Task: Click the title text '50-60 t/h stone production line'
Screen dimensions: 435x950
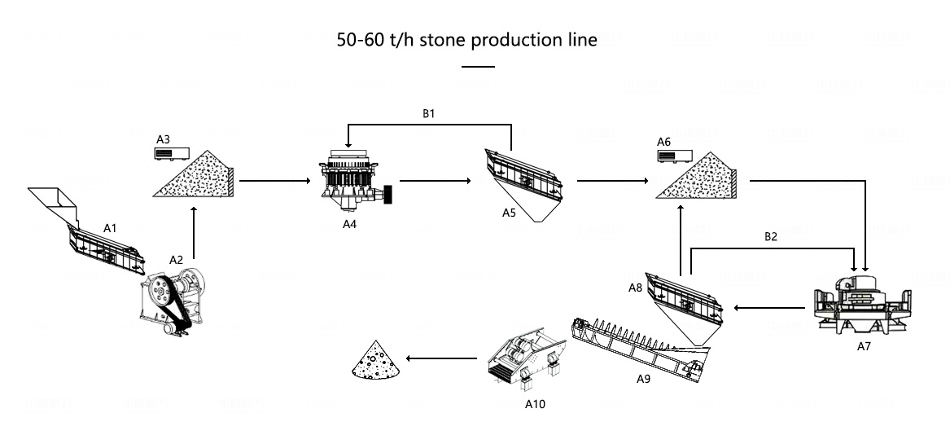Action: (466, 40)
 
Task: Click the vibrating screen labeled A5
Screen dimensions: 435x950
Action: (523, 181)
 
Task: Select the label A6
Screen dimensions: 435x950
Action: (663, 142)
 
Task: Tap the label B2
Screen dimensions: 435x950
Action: (770, 237)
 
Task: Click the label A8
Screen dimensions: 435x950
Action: (636, 287)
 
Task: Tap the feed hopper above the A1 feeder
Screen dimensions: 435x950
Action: (54, 204)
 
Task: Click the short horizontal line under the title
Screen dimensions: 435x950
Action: (478, 66)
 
